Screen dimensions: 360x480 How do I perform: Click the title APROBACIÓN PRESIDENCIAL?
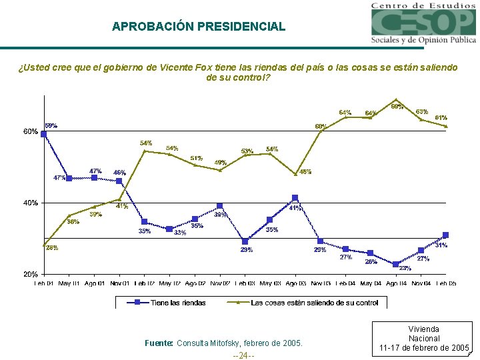pos(198,27)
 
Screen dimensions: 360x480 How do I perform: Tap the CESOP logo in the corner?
pos(424,23)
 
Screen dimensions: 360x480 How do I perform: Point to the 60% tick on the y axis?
pos(30,131)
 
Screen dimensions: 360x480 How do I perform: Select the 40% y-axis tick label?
pos(30,203)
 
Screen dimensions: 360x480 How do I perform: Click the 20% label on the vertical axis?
pos(30,274)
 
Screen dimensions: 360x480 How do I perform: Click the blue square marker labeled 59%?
pos(44,134)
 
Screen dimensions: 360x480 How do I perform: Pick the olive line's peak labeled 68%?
pos(396,100)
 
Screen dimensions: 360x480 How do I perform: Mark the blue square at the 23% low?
pos(396,264)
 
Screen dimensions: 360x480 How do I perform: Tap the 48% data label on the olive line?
pos(305,172)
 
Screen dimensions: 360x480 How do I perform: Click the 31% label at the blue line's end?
pos(441,245)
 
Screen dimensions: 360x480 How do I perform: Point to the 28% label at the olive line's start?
pos(51,248)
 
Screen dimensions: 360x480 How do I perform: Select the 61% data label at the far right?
pos(441,117)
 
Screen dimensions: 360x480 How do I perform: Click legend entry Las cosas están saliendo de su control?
pos(314,303)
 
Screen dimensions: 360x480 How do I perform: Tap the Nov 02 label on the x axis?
pos(220,284)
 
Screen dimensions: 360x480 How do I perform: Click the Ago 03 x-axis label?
pos(295,284)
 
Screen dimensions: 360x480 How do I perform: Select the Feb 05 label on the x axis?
pos(446,284)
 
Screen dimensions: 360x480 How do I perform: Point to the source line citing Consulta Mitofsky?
pos(223,343)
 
